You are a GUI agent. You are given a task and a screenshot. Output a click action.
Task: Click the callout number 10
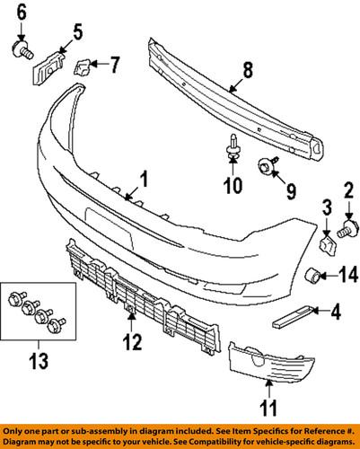click(x=231, y=186)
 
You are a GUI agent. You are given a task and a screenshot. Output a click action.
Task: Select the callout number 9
click(x=291, y=190)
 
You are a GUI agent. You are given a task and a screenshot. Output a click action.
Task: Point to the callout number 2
click(x=347, y=188)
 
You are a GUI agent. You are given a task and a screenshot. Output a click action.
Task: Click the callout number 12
click(x=132, y=341)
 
